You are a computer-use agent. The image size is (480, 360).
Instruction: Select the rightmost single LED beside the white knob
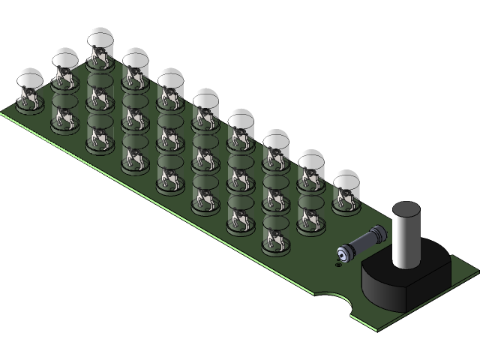click(346, 190)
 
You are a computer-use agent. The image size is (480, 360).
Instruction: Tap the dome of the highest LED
click(100, 37)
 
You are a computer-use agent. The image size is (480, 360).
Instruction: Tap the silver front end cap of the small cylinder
click(344, 252)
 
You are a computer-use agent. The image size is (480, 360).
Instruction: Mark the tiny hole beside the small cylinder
click(338, 262)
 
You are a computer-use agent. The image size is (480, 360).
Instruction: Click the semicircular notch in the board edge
click(334, 302)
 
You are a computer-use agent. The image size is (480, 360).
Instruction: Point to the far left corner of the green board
click(2, 112)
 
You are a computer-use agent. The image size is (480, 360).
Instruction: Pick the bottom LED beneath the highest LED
click(100, 135)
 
